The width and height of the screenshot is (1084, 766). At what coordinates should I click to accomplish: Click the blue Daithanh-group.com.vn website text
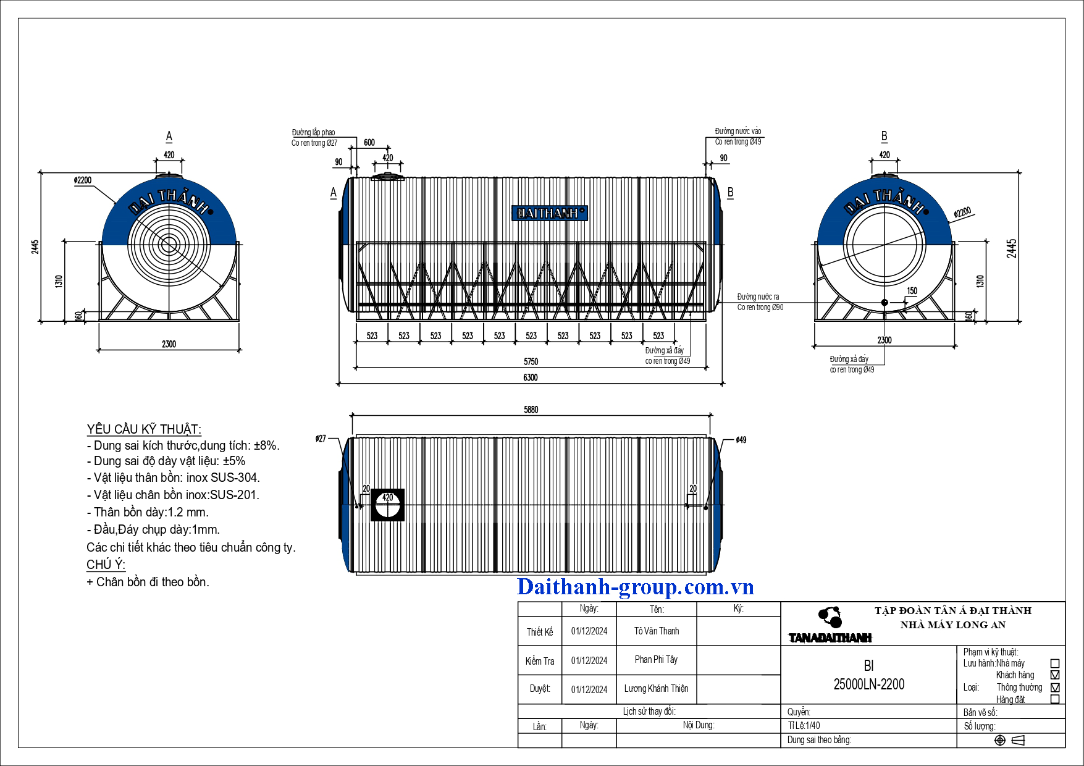coord(636,587)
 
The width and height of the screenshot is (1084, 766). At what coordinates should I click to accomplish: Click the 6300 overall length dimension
coord(531,377)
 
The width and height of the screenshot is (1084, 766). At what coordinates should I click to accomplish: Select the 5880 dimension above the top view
coord(531,410)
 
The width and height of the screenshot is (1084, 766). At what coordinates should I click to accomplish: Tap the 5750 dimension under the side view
coord(531,361)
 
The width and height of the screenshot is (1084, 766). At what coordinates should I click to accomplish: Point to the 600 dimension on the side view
coord(369,143)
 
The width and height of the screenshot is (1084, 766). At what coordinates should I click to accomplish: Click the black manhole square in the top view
coord(387,505)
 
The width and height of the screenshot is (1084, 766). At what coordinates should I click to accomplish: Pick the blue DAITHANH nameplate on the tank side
coord(550,213)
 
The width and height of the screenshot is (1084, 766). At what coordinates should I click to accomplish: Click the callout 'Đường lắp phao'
coord(314,132)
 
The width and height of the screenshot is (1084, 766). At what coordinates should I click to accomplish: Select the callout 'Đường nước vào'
coord(738,131)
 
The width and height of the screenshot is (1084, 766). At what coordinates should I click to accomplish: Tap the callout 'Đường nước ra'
coord(758,297)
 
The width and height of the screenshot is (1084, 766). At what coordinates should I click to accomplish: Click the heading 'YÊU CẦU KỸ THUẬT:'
coord(144,429)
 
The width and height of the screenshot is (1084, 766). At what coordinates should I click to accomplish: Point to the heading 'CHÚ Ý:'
coord(106,565)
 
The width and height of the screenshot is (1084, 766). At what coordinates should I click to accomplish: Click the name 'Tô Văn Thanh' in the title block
coord(657,631)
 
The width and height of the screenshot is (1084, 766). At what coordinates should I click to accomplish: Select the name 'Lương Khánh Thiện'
coord(656,689)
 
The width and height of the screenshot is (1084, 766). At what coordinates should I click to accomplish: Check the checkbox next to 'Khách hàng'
coord(1055,675)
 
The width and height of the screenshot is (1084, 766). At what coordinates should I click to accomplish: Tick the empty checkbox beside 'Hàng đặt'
coord(1055,699)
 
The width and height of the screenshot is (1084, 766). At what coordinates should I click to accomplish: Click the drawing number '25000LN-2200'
coord(869,684)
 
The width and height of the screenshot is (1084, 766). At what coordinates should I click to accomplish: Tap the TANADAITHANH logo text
coord(830,638)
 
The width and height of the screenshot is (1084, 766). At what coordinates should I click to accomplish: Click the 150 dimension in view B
coord(912,291)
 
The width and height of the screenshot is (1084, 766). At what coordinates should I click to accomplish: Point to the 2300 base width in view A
coord(169,344)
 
